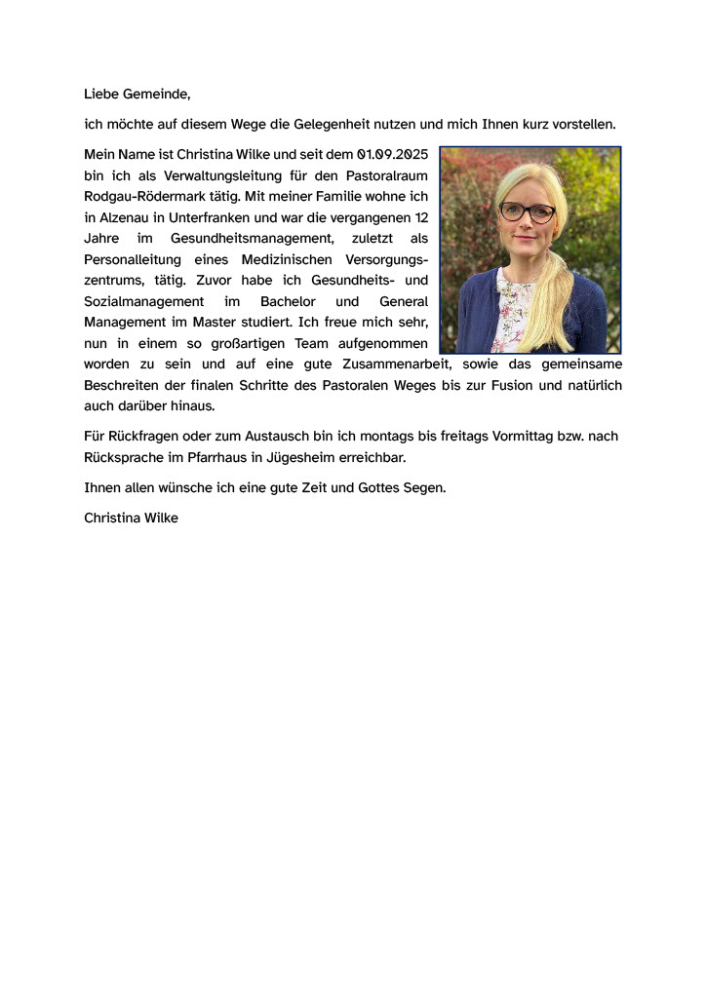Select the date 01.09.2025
click(393, 154)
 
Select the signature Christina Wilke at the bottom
click(132, 518)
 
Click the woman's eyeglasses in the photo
click(527, 211)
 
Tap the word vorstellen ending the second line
click(582, 125)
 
